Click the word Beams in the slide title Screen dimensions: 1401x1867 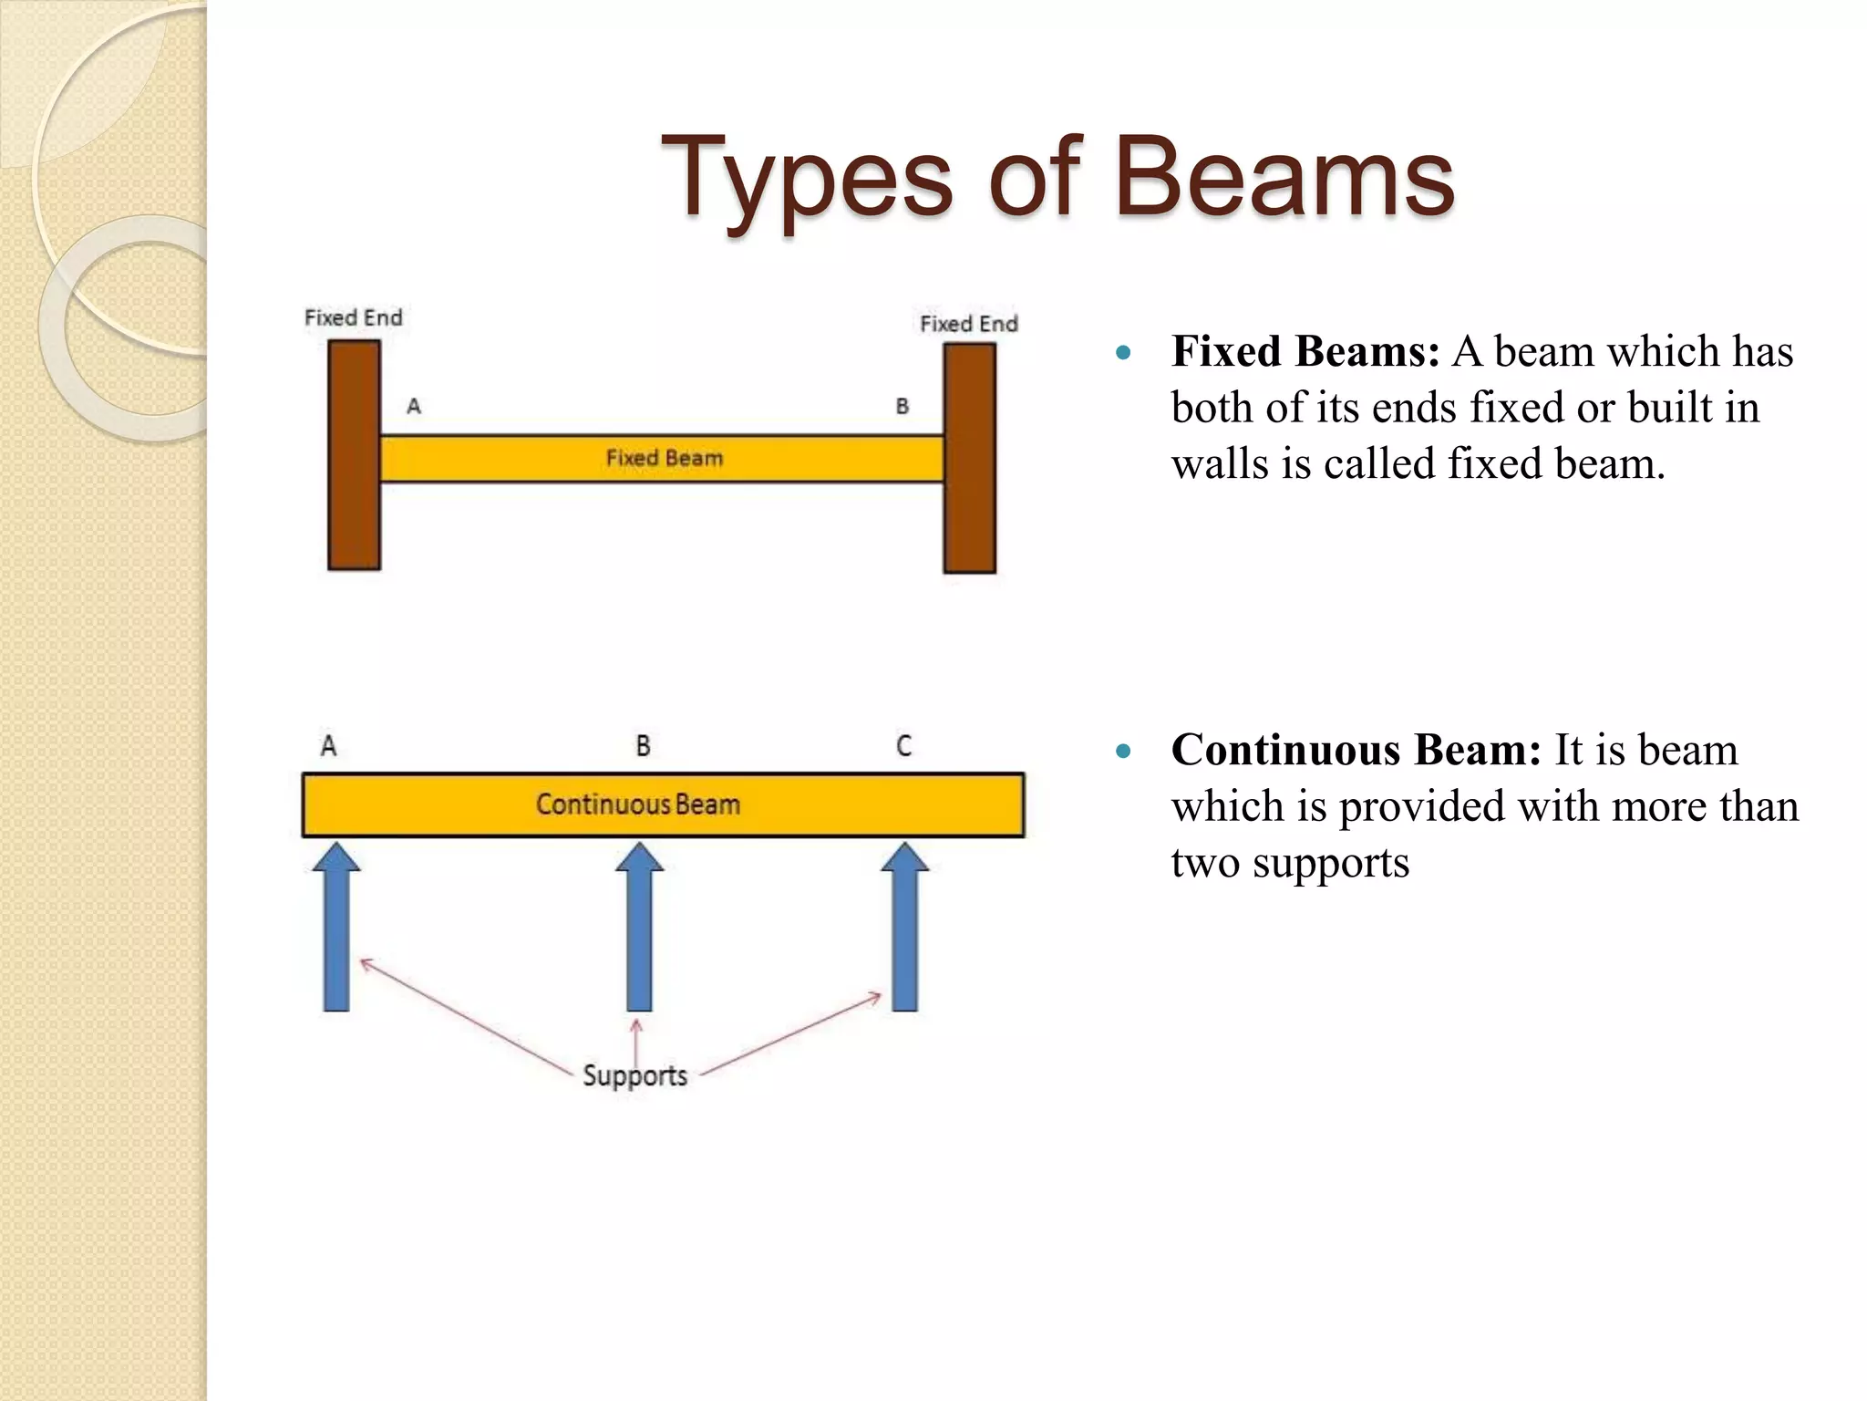tap(1284, 178)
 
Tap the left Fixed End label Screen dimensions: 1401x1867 tap(353, 317)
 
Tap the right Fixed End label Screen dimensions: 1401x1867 tap(968, 324)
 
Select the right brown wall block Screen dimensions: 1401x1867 tap(969, 458)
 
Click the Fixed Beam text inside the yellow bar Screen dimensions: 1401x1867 tap(664, 458)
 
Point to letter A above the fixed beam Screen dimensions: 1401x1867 tap(414, 407)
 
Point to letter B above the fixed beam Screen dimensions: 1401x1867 tap(902, 407)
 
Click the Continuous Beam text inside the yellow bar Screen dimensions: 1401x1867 tap(637, 804)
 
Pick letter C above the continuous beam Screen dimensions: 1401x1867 tap(903, 746)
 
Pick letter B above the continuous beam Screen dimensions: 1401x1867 tap(643, 746)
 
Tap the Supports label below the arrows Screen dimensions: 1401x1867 tap(634, 1075)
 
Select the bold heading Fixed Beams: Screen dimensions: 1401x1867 tap(1305, 352)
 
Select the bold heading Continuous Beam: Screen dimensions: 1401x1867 tap(1356, 750)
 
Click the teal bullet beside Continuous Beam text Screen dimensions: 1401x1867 tap(1123, 752)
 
